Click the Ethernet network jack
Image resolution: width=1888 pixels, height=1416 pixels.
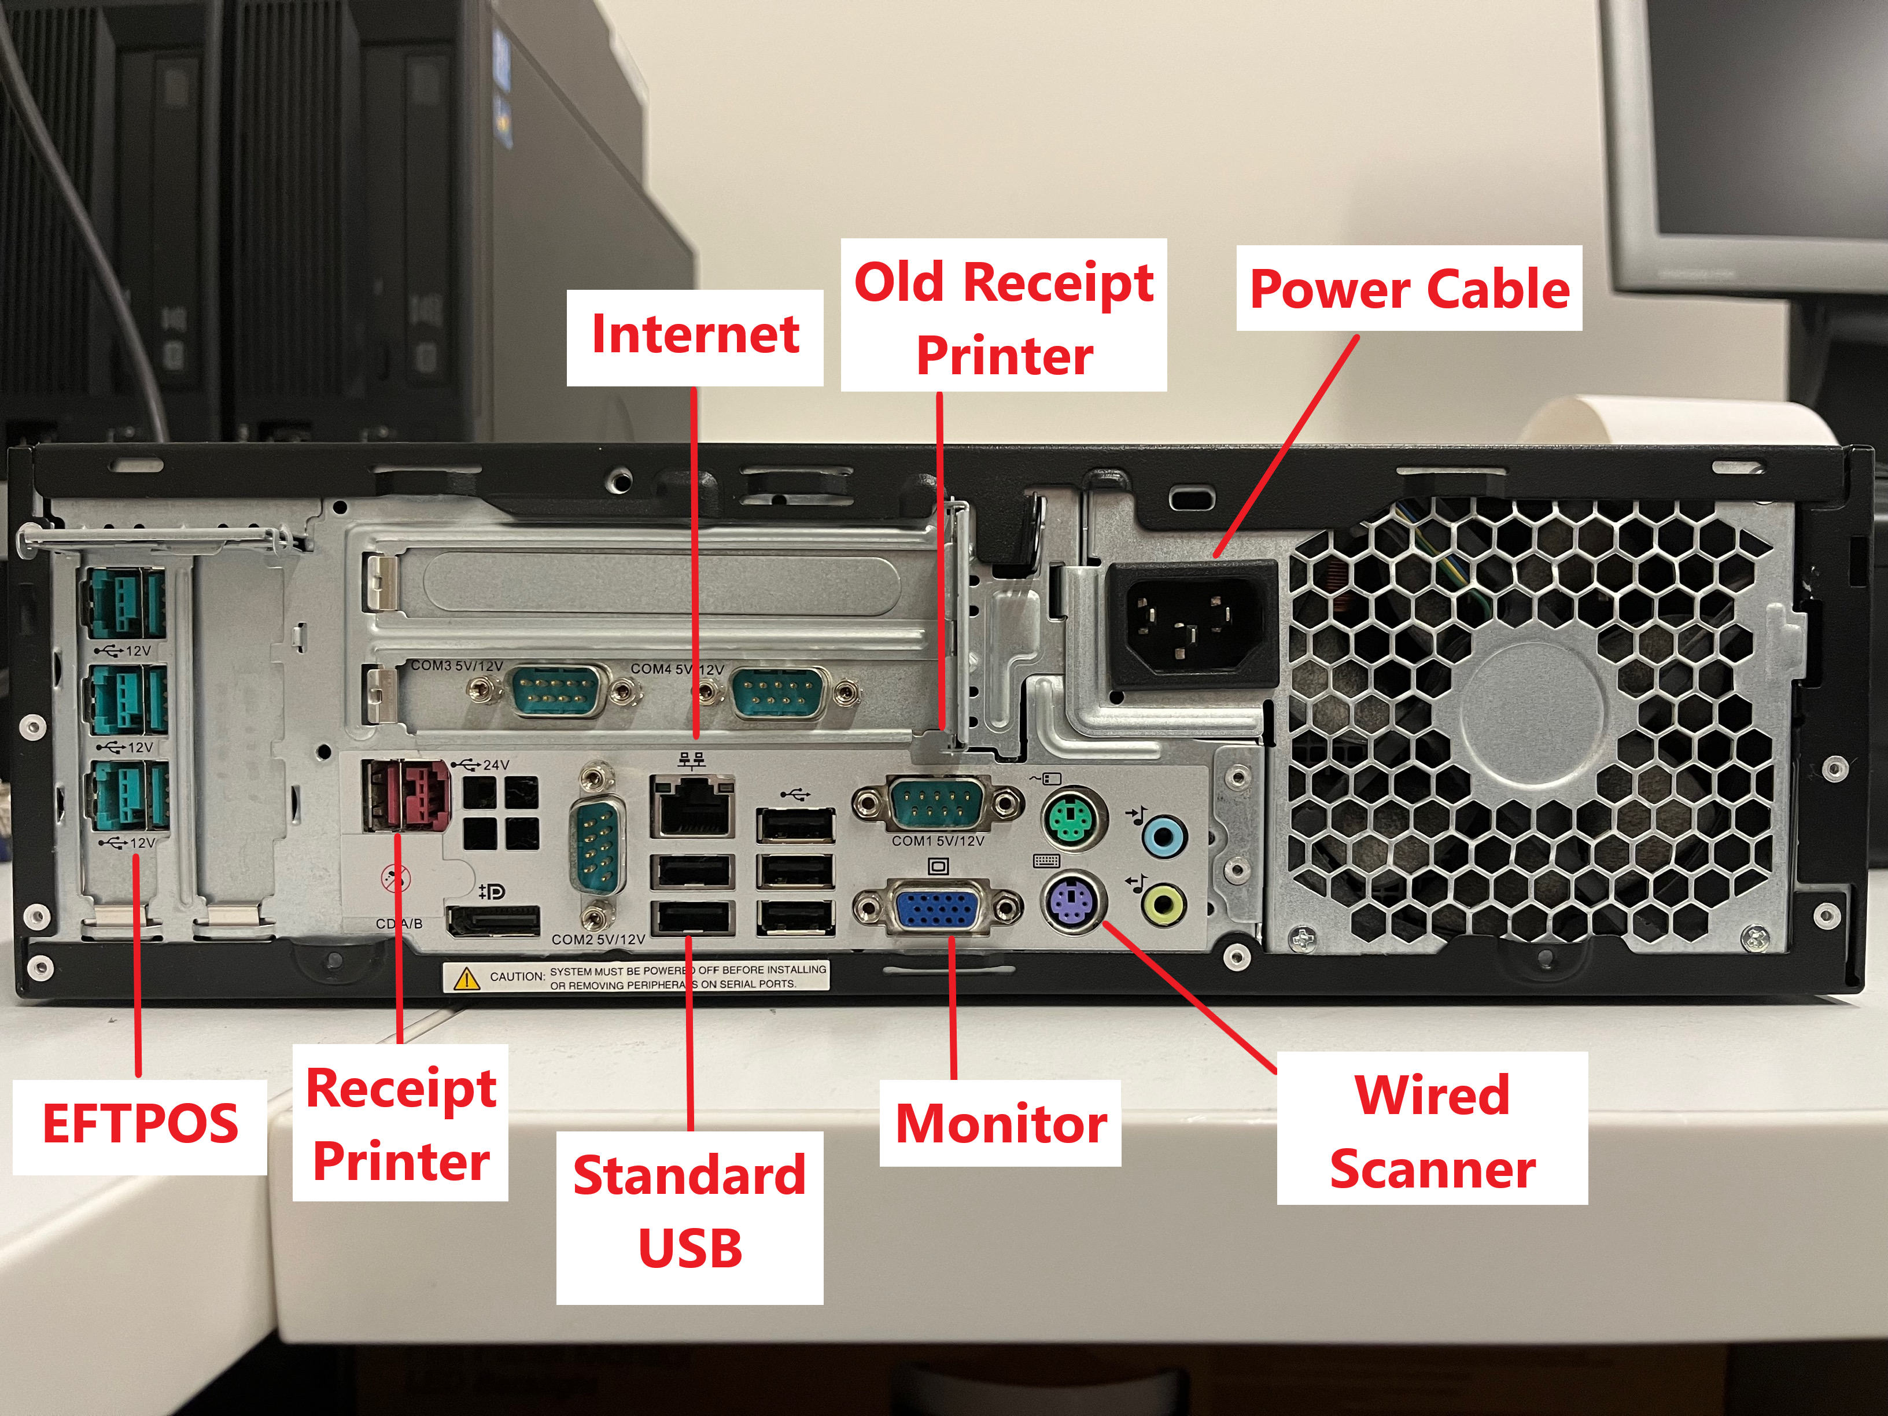pos(692,806)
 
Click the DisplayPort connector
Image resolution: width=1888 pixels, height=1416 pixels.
pos(493,922)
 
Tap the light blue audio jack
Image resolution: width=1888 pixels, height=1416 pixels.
pos(1163,835)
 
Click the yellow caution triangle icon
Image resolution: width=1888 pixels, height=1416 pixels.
pos(467,978)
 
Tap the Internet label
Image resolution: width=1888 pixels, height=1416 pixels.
pos(695,335)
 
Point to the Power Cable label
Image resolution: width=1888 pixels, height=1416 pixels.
pos(1408,289)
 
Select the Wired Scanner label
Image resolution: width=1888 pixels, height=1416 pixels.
pos(1432,1131)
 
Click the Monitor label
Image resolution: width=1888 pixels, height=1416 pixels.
pos(1000,1124)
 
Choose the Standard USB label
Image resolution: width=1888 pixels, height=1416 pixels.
pos(689,1212)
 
